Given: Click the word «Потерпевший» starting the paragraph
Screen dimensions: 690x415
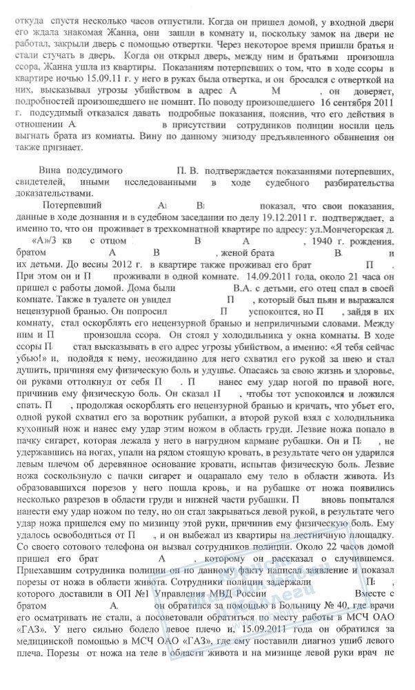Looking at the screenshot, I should coord(72,206).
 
